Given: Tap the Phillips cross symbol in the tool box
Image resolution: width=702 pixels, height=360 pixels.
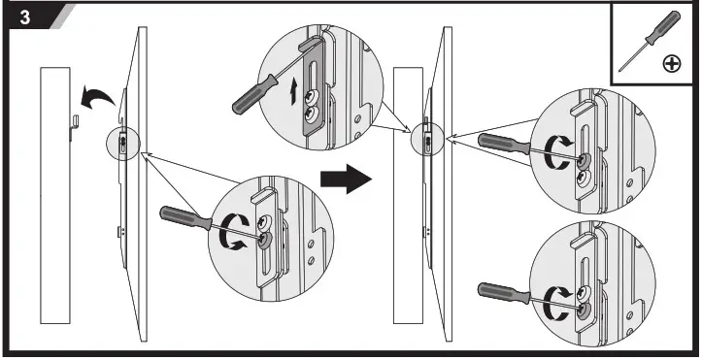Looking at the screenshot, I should (670, 64).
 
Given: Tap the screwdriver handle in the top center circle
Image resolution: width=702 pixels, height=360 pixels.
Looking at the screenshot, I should (251, 95).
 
